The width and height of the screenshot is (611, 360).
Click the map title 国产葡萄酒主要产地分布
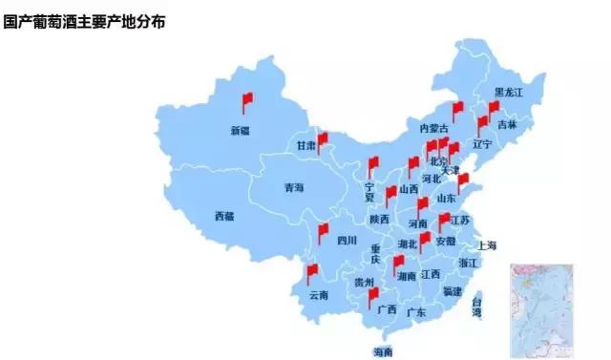click(x=85, y=20)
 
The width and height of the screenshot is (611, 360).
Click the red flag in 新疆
click(x=246, y=99)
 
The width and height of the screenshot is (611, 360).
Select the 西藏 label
click(x=224, y=216)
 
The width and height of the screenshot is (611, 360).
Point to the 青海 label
click(x=293, y=188)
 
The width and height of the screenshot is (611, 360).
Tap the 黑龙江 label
click(x=509, y=93)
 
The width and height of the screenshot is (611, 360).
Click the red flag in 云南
click(x=312, y=273)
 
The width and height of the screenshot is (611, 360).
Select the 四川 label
click(x=346, y=241)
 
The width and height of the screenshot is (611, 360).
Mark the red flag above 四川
click(x=324, y=230)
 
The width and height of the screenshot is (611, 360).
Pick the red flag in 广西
click(x=374, y=296)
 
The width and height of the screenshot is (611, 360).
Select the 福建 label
click(x=452, y=290)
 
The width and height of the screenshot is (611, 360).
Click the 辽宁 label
click(x=482, y=144)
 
